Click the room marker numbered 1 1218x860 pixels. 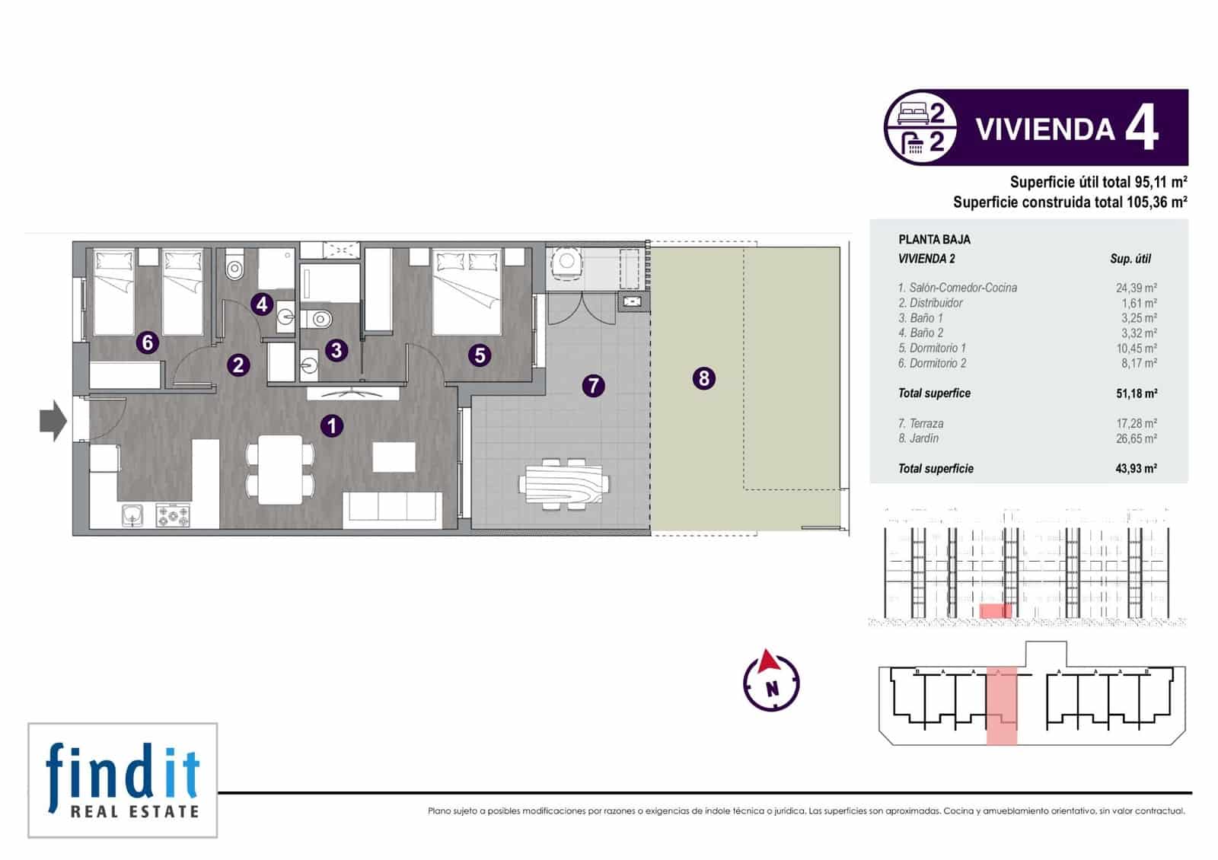[x=332, y=425]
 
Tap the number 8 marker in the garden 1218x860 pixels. [x=703, y=377]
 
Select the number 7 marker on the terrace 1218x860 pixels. [x=593, y=385]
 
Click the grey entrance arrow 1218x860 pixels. [x=53, y=421]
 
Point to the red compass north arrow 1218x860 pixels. [x=769, y=661]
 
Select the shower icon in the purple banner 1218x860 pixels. [x=913, y=143]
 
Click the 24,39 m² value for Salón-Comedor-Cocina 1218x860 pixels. [x=1136, y=288]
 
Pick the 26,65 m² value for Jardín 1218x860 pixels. [x=1136, y=438]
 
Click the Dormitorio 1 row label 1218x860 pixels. [x=932, y=348]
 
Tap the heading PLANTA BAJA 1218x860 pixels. [x=934, y=239]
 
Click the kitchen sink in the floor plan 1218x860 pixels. [x=132, y=514]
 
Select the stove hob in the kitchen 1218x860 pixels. [x=173, y=515]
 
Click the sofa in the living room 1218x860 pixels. [x=392, y=510]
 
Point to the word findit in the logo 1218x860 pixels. [x=123, y=772]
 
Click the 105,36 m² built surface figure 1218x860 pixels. [x=1156, y=202]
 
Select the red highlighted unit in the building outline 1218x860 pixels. [x=1001, y=705]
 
